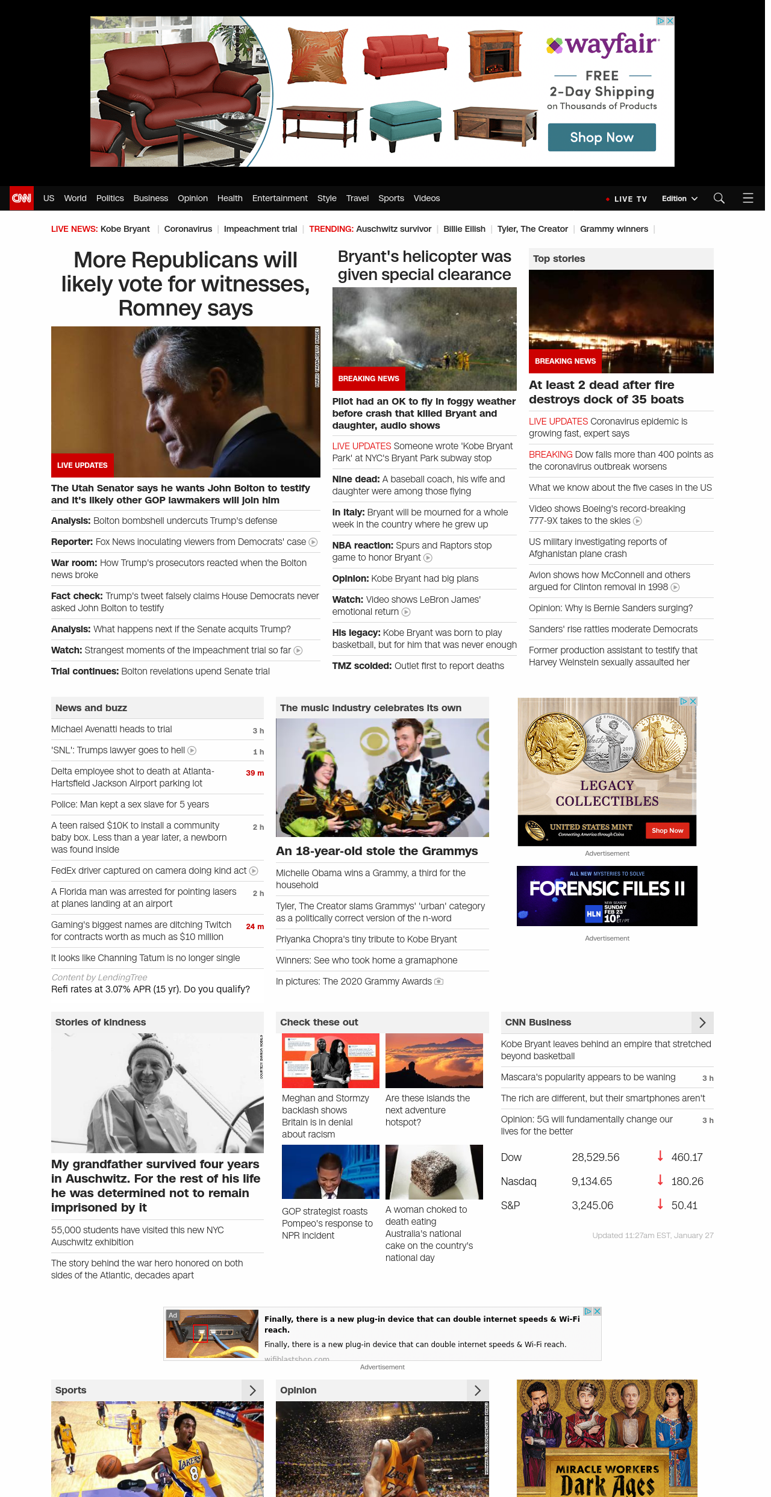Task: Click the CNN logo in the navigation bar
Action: click(x=22, y=198)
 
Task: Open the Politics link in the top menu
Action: click(x=110, y=198)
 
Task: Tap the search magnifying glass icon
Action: click(x=719, y=198)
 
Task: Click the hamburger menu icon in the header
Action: click(x=748, y=198)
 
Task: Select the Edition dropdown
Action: click(x=679, y=199)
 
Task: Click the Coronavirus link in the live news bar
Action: click(x=188, y=229)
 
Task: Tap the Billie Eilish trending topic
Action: click(x=464, y=229)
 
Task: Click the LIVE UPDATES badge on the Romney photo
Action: click(x=83, y=465)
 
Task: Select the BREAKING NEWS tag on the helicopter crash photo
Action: click(x=369, y=379)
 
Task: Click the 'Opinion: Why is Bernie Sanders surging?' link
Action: click(x=611, y=608)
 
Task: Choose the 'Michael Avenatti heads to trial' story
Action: click(x=111, y=729)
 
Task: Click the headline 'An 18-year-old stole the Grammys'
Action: click(x=376, y=851)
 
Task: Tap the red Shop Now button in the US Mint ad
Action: click(x=667, y=830)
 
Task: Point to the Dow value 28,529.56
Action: click(x=595, y=1157)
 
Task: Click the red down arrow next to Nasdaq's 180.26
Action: click(x=660, y=1180)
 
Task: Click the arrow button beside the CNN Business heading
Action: click(x=702, y=1022)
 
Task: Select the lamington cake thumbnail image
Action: click(x=434, y=1172)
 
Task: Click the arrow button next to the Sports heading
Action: click(x=253, y=1390)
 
